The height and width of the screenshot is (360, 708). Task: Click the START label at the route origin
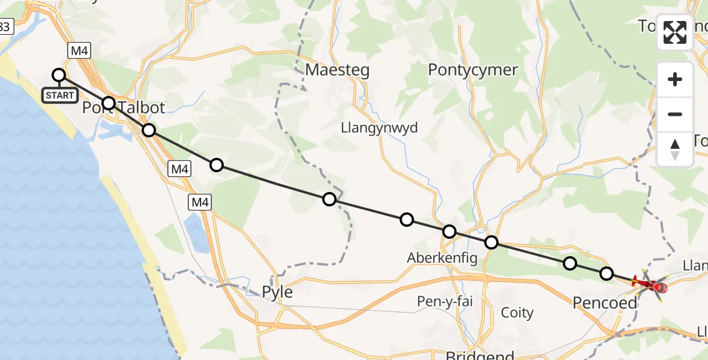click(x=59, y=95)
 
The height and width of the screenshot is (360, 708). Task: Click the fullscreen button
click(x=675, y=32)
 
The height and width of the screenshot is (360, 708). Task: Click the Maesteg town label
click(x=337, y=70)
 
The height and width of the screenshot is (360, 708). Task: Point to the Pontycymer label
click(x=473, y=70)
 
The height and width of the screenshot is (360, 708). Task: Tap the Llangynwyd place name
click(x=379, y=128)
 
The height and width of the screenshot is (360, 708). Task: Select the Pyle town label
click(x=277, y=292)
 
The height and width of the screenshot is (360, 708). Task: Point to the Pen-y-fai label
click(x=445, y=301)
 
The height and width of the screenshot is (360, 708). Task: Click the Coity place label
click(x=517, y=313)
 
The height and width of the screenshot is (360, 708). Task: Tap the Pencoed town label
click(x=604, y=302)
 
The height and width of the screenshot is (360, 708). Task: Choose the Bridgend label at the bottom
click(x=480, y=355)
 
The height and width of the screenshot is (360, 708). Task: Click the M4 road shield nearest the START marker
click(x=80, y=51)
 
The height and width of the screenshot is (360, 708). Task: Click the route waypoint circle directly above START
click(x=59, y=75)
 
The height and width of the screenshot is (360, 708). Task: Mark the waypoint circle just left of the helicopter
click(x=607, y=274)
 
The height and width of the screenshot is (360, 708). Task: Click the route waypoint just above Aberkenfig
click(x=449, y=232)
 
